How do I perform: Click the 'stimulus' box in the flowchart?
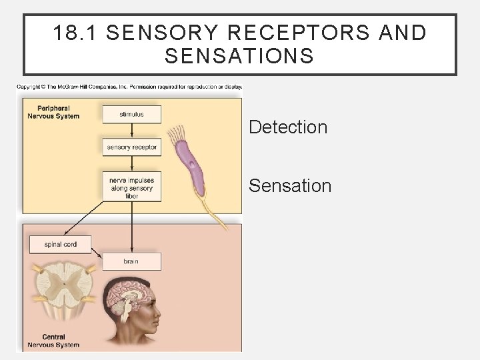pos(131,114)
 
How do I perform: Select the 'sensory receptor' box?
pos(131,147)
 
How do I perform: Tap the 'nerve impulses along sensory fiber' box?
pos(131,187)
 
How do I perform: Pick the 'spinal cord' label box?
pos(61,244)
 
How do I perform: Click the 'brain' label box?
pos(131,261)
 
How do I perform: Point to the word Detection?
pos(288,127)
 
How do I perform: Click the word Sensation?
pos(290,185)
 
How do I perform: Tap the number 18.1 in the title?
pos(73,33)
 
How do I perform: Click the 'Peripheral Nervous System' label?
pos(53,111)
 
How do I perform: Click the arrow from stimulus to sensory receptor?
pos(131,131)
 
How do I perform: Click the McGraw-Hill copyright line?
pos(129,87)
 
